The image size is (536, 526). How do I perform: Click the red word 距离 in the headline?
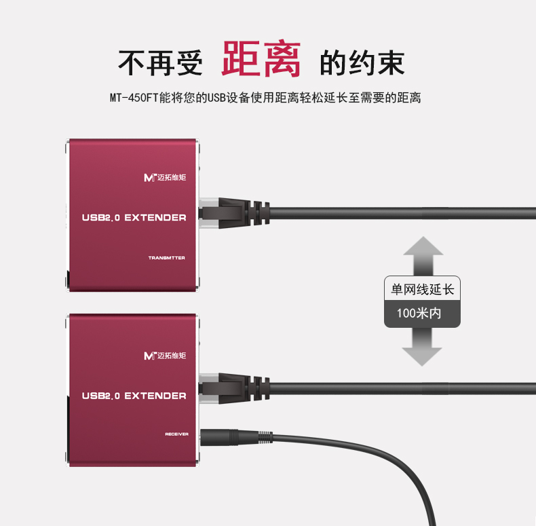(x=261, y=60)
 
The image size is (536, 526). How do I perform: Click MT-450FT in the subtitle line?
(x=134, y=98)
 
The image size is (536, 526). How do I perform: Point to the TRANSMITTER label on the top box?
(x=166, y=258)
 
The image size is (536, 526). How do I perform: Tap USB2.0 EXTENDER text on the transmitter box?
(x=134, y=218)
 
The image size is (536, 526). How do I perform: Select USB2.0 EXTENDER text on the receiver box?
(x=134, y=396)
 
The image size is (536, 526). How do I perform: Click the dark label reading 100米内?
(x=422, y=314)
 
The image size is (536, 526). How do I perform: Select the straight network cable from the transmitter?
(x=407, y=212)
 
